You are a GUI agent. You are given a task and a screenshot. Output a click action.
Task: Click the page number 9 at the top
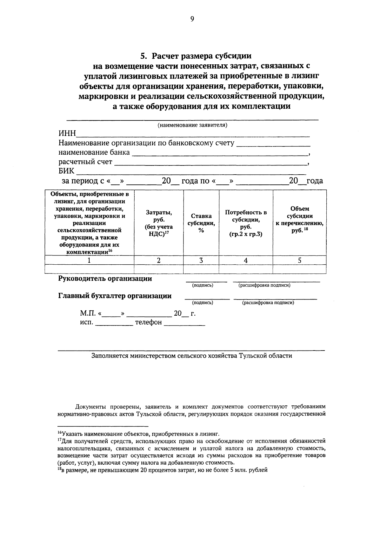click(192, 19)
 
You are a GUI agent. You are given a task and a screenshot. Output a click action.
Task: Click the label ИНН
click(67, 134)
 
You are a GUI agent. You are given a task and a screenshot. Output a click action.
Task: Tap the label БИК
click(66, 171)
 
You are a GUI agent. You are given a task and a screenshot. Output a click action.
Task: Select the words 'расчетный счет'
click(85, 162)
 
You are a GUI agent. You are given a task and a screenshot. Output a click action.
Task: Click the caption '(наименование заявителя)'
click(193, 125)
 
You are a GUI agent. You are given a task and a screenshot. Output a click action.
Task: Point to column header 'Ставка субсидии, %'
click(201, 223)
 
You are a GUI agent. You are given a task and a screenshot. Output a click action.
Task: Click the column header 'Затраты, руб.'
click(159, 223)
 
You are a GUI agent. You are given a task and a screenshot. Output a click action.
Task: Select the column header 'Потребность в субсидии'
click(246, 223)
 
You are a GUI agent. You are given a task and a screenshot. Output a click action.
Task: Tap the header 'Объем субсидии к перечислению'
click(299, 219)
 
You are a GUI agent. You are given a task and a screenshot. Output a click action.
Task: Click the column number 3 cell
click(201, 261)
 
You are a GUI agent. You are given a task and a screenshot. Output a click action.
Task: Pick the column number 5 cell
click(299, 261)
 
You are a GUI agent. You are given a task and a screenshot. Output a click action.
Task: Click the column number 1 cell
click(89, 261)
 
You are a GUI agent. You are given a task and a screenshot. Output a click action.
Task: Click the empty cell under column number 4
click(246, 269)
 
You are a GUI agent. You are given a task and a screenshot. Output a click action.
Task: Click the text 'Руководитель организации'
click(105, 279)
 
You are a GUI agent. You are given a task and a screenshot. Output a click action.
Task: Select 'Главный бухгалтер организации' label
click(115, 296)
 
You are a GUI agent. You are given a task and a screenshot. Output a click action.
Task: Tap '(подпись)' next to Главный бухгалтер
click(203, 303)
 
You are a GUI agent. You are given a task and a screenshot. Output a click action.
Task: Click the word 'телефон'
click(148, 323)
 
